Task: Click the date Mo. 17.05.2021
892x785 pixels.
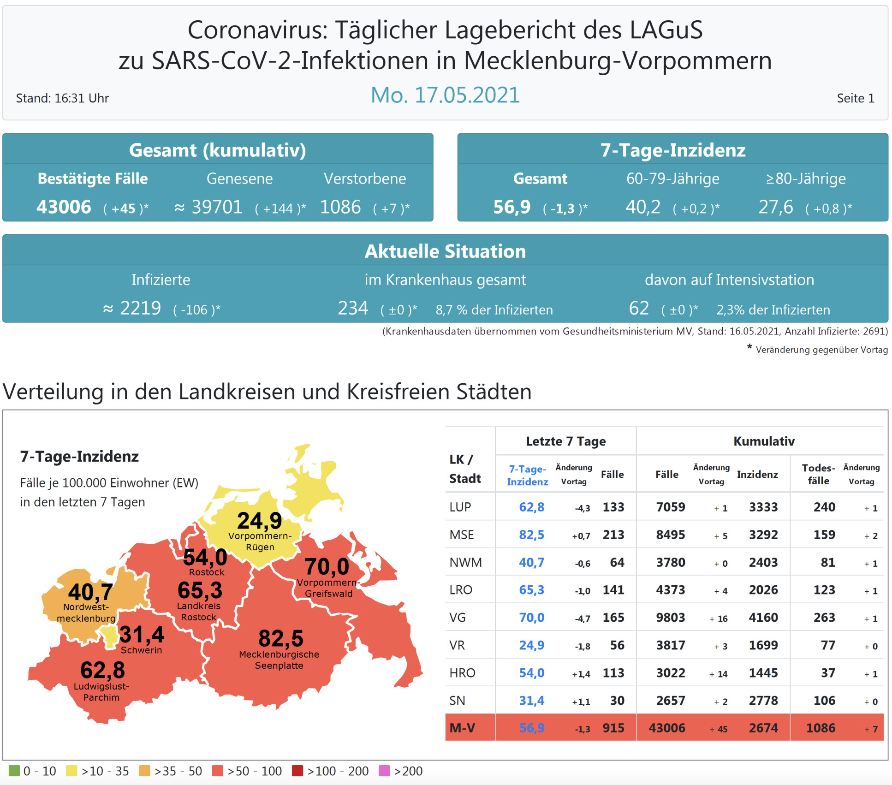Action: point(445,95)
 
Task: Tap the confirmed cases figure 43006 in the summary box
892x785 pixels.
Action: point(64,207)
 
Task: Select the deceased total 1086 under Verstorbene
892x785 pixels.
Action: point(340,207)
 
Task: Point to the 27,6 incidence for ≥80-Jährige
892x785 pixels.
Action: point(776,207)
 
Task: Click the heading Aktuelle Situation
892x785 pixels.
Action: point(445,251)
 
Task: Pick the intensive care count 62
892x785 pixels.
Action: point(639,308)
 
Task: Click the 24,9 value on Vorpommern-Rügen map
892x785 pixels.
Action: point(259,521)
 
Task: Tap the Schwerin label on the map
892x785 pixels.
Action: point(141,650)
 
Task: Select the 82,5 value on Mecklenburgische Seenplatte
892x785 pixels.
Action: point(280,639)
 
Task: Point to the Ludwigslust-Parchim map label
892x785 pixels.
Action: point(101,692)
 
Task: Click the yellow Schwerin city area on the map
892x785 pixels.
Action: point(110,636)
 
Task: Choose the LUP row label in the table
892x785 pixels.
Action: point(460,507)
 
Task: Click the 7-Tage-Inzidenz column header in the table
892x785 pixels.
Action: point(528,475)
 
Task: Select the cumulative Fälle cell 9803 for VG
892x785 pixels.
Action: point(670,618)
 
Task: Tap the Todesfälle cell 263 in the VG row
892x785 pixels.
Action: point(824,618)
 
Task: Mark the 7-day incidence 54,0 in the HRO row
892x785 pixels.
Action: point(531,673)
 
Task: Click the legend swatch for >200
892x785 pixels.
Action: point(384,771)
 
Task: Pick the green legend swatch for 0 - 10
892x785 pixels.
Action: point(14,771)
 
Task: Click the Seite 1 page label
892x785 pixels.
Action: point(855,98)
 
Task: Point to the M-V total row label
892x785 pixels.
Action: point(462,728)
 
